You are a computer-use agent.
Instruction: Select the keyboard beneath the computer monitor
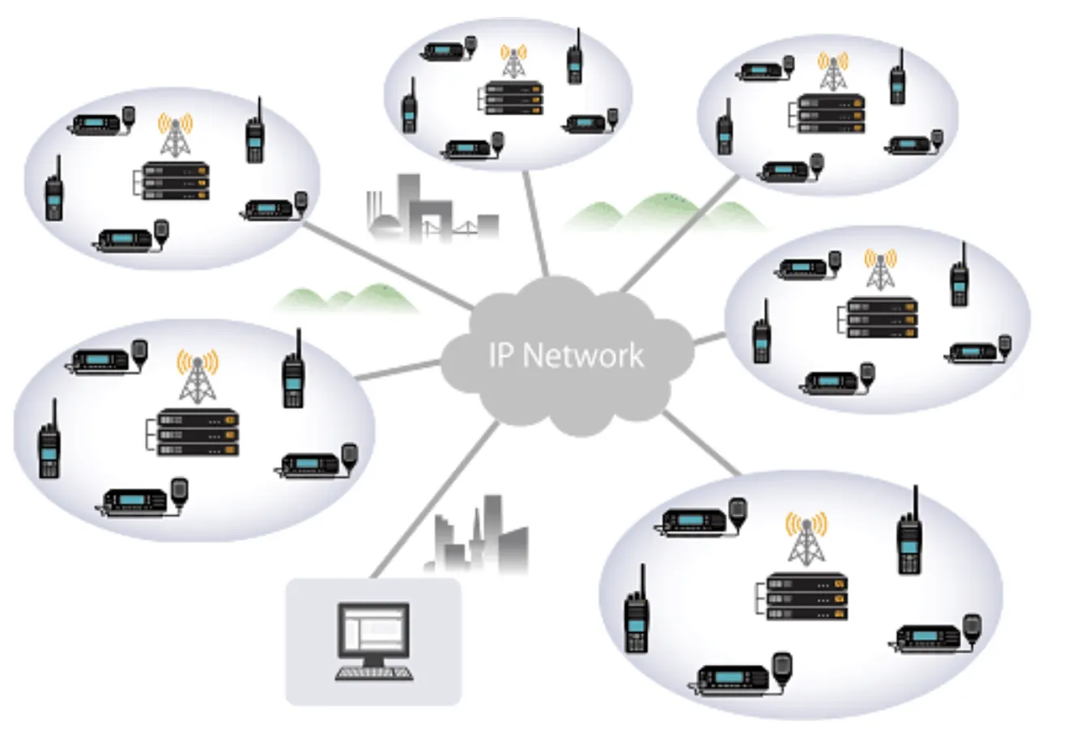click(374, 673)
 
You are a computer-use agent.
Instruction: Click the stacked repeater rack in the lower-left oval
click(198, 433)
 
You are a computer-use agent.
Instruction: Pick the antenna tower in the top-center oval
click(512, 62)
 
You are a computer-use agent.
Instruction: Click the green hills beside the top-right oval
click(664, 212)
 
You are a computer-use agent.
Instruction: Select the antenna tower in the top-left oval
click(175, 134)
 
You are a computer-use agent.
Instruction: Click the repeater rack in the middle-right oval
click(882, 317)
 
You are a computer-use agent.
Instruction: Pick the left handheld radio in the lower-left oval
click(49, 441)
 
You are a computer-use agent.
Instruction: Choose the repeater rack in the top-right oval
click(830, 114)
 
